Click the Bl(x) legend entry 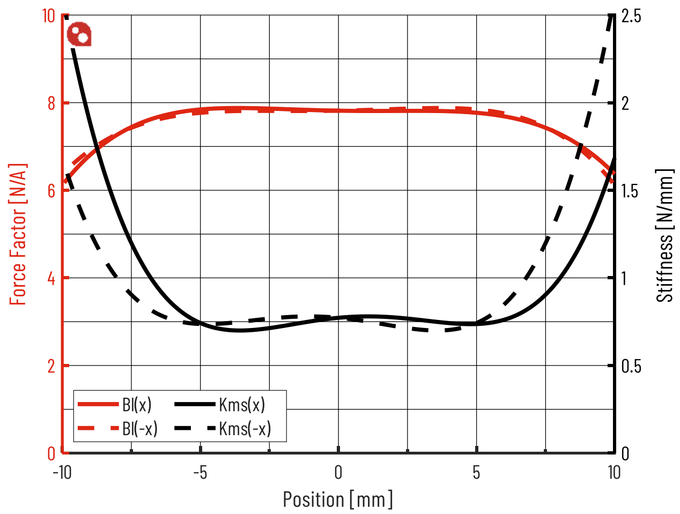[115, 404]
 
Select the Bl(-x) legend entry [118, 428]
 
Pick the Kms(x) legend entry [220, 404]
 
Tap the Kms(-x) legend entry [223, 428]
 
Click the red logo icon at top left [79, 34]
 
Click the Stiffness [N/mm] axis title [664, 236]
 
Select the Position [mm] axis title [338, 499]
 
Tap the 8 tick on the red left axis [51, 103]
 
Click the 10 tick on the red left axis [49, 16]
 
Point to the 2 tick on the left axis [51, 366]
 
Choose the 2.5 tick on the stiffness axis [631, 16]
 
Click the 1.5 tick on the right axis [630, 191]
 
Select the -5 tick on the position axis [199, 472]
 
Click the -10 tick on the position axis [62, 472]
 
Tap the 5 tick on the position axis [476, 472]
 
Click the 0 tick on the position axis [338, 472]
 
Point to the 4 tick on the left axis [51, 278]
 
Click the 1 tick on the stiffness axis [624, 278]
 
